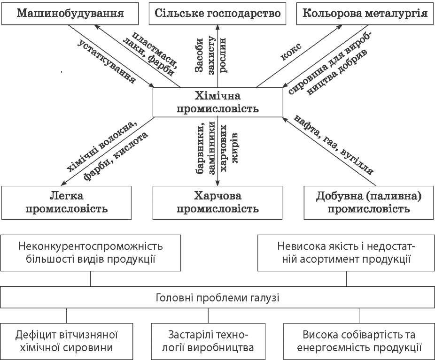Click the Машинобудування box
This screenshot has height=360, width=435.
pyautogui.click(x=70, y=13)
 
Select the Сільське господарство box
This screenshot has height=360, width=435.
pyautogui.click(x=217, y=13)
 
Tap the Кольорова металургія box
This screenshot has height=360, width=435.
pyautogui.click(x=365, y=13)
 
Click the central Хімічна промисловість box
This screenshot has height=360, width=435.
pyautogui.click(x=217, y=102)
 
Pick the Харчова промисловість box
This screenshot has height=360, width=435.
pyautogui.click(x=217, y=201)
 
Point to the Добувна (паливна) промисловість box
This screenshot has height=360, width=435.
pyautogui.click(x=368, y=202)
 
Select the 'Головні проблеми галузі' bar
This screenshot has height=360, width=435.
pyautogui.click(x=217, y=298)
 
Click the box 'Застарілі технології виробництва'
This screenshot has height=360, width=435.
pyautogui.click(x=217, y=341)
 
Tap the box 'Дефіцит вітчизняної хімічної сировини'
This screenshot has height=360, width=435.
pyautogui.click(x=66, y=341)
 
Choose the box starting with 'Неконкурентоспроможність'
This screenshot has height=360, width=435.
pyautogui.click(x=91, y=252)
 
